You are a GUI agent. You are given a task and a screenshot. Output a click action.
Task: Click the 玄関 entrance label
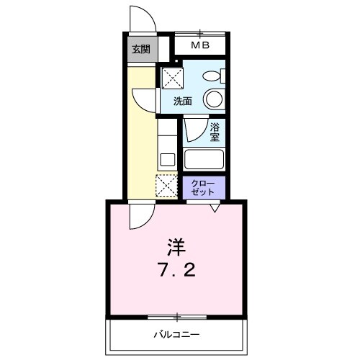point(141,50)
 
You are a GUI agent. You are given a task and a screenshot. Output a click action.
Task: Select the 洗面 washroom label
point(183,101)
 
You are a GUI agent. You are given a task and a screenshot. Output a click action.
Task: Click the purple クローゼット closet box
point(204,188)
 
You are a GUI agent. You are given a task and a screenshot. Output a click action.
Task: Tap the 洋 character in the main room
point(177,248)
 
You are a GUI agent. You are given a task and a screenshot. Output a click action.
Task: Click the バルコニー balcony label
point(176,335)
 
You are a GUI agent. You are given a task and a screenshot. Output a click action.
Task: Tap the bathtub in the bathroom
point(204,159)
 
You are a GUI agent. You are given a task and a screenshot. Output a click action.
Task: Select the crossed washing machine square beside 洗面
point(171,78)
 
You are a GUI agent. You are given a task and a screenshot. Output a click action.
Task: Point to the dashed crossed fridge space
point(167,186)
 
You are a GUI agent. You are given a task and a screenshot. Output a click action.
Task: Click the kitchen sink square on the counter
point(166,159)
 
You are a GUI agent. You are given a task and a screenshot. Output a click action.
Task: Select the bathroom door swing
point(194,130)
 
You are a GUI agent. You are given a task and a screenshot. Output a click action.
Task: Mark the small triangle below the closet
point(215,208)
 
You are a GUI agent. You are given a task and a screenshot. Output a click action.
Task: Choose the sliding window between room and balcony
point(176,317)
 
